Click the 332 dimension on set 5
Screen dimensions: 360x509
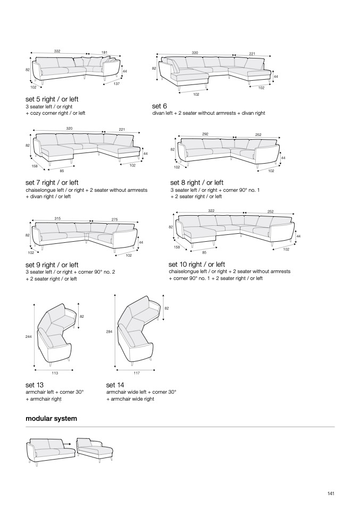pyautogui.click(x=57, y=51)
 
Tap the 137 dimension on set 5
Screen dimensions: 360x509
pyautogui.click(x=116, y=84)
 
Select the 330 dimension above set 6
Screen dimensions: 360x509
pyautogui.click(x=195, y=53)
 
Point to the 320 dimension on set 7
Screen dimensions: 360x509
pyautogui.click(x=69, y=128)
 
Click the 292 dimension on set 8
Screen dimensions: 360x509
pyautogui.click(x=205, y=134)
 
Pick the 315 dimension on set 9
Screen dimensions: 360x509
pyautogui.click(x=57, y=218)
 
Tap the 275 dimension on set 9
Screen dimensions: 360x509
pyautogui.click(x=115, y=220)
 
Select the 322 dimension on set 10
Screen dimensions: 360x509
pyautogui.click(x=211, y=211)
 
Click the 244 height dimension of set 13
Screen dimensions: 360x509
pyautogui.click(x=29, y=337)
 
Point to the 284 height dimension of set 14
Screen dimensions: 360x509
pyautogui.click(x=109, y=332)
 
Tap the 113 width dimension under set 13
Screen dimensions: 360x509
pyautogui.click(x=55, y=373)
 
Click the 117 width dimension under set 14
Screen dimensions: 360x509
pyautogui.click(x=137, y=373)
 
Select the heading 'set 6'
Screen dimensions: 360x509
pyautogui.click(x=160, y=106)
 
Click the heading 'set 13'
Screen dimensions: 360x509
pyautogui.click(x=35, y=385)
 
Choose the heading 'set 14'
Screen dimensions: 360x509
pyautogui.click(x=115, y=385)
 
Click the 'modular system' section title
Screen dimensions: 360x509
pyautogui.click(x=52, y=419)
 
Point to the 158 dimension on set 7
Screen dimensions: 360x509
pyautogui.click(x=35, y=166)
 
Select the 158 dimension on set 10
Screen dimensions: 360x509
pyautogui.click(x=177, y=247)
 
